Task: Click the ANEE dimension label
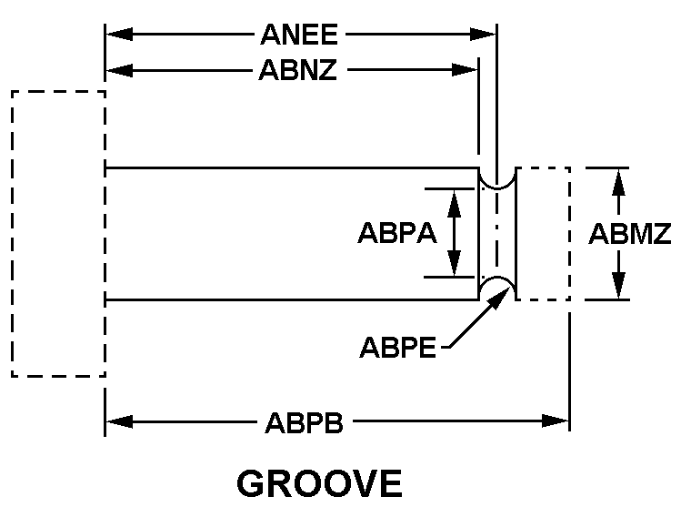point(299,35)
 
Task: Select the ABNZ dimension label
point(298,69)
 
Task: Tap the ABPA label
point(397,233)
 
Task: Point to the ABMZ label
point(630,234)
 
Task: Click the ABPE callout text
point(397,348)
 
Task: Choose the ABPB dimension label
point(304,422)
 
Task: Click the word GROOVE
point(320,483)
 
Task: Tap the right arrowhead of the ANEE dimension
point(483,35)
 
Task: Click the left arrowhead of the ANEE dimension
point(119,35)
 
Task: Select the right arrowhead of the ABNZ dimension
point(465,69)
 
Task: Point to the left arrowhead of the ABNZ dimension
point(119,69)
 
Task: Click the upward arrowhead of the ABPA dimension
point(455,203)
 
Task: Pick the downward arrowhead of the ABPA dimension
point(455,263)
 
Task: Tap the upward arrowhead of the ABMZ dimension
point(618,182)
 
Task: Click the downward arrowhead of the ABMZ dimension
point(618,285)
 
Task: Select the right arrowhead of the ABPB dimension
point(556,421)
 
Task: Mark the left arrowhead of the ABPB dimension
point(119,421)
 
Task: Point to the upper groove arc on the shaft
point(497,188)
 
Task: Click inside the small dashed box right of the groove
point(543,234)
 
